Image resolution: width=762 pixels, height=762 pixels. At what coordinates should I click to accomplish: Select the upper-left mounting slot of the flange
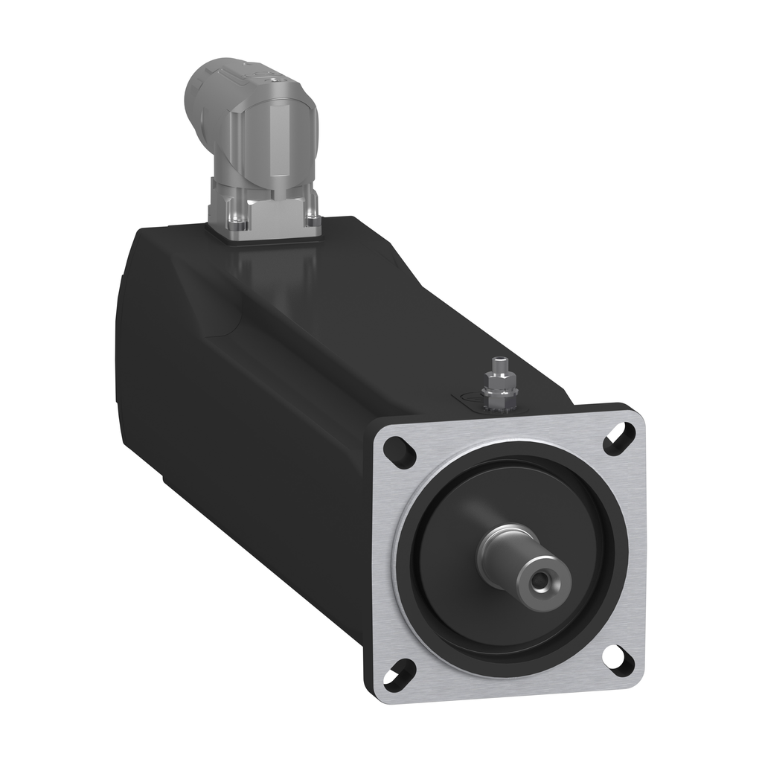pyautogui.click(x=400, y=451)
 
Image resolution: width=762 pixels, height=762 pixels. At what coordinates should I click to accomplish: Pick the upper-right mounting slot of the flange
pyautogui.click(x=619, y=438)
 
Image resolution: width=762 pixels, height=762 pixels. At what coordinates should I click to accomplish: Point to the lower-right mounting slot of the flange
pyautogui.click(x=617, y=658)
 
